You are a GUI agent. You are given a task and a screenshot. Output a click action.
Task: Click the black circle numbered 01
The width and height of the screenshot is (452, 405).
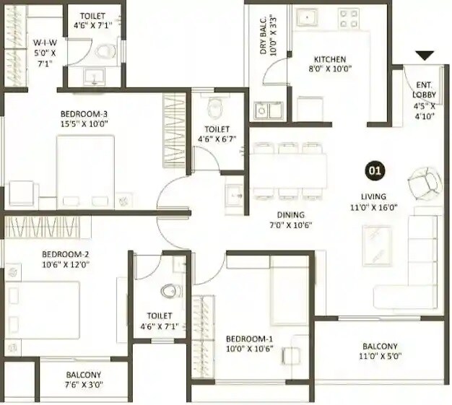coord(375,172)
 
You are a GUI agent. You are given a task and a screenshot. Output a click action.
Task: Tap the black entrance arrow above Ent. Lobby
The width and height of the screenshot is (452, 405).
coord(424,56)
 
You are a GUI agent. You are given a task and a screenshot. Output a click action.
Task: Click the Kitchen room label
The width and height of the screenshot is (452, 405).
coord(329,64)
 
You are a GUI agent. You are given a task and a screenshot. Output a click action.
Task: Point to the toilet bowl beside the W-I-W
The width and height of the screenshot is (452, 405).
coord(105,51)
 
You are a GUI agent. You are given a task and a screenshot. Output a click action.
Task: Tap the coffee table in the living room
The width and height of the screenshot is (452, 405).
coord(378,245)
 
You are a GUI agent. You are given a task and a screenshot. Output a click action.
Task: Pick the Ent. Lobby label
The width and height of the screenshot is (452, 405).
coord(423,94)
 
